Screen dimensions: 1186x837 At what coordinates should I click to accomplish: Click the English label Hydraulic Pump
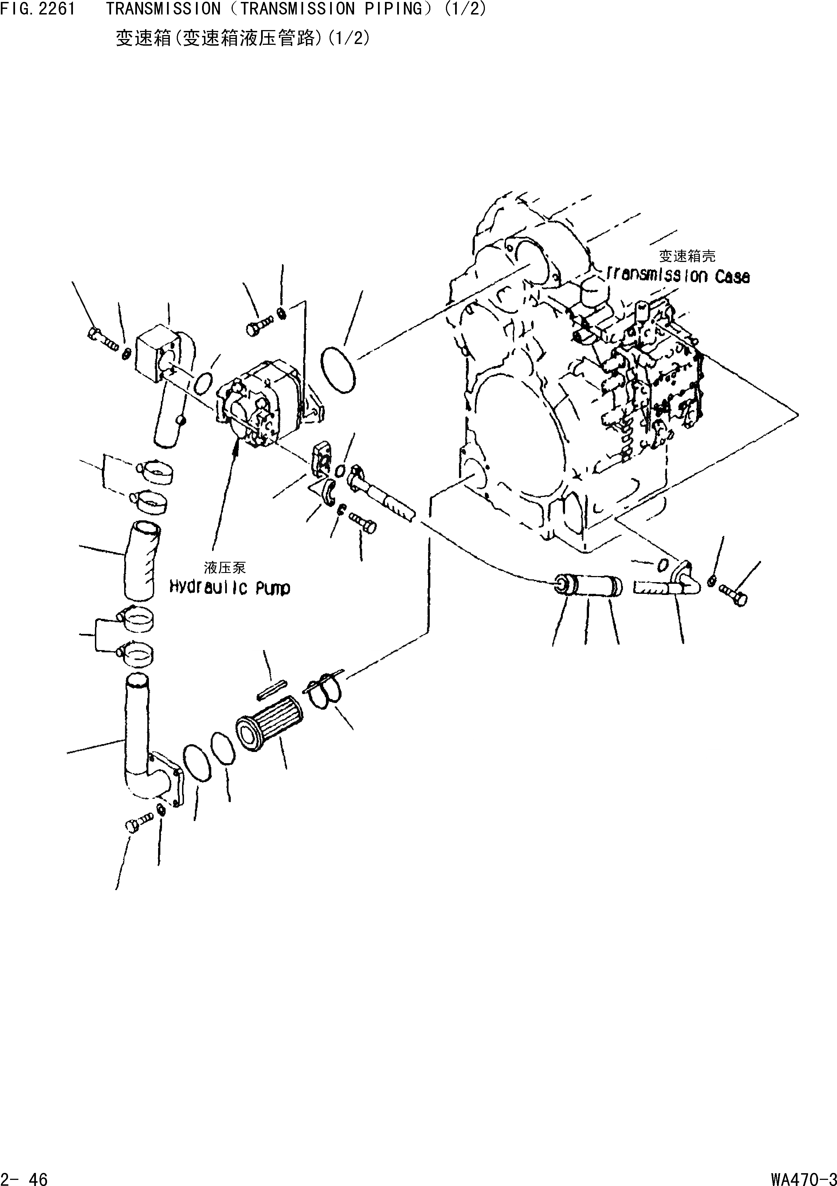coord(230,588)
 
